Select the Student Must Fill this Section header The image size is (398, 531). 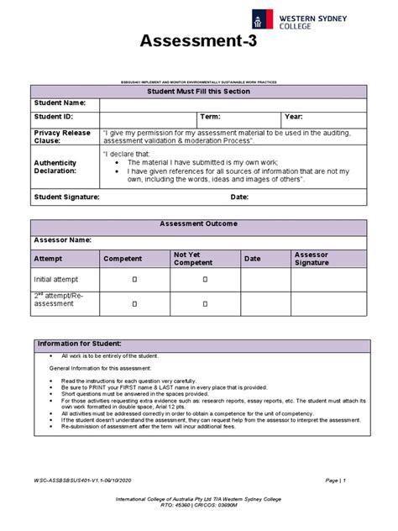tap(198, 91)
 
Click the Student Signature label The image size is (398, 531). tap(67, 197)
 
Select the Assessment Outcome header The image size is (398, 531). tap(198, 224)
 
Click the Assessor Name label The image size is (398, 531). tap(62, 240)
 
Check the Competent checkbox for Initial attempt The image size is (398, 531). tap(133, 279)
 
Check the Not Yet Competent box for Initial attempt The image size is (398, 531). tap(204, 279)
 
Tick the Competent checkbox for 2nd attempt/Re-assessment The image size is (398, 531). tap(133, 300)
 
